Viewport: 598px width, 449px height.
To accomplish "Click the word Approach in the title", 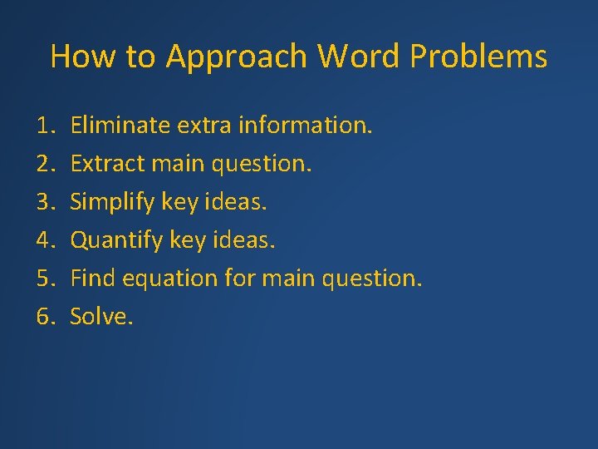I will pyautogui.click(x=238, y=57).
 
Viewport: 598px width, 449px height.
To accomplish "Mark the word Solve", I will pyautogui.click(x=100, y=317).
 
